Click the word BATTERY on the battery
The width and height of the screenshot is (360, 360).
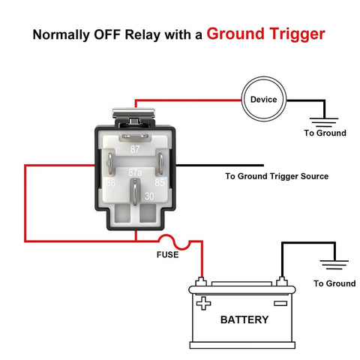[x=244, y=319]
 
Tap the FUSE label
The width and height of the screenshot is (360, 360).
[x=167, y=254]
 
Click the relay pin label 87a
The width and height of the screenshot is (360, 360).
[x=136, y=172]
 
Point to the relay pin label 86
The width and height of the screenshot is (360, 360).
[x=110, y=182]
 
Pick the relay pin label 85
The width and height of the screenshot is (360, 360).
[x=159, y=182]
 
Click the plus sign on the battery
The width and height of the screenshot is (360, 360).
[x=203, y=304]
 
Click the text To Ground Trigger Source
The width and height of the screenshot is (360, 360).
[x=277, y=177]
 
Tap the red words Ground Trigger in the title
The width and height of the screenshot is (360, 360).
[x=266, y=34]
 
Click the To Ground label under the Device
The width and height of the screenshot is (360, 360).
[x=325, y=133]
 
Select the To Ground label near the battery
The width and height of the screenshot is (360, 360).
[x=334, y=283]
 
